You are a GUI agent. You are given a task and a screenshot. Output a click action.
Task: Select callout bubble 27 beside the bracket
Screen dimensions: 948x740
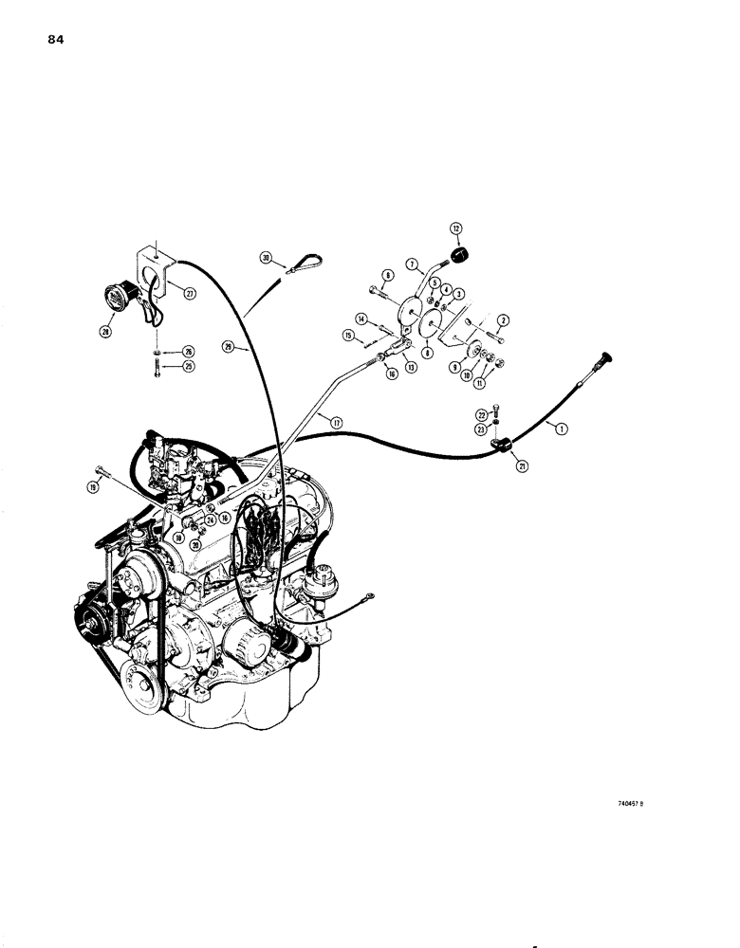click(x=190, y=294)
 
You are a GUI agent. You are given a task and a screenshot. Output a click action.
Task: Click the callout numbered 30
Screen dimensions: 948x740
click(x=267, y=257)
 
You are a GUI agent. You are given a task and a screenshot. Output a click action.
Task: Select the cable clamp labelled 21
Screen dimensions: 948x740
click(x=500, y=441)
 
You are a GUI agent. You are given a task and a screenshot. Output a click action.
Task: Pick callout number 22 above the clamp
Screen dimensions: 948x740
click(x=480, y=413)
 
